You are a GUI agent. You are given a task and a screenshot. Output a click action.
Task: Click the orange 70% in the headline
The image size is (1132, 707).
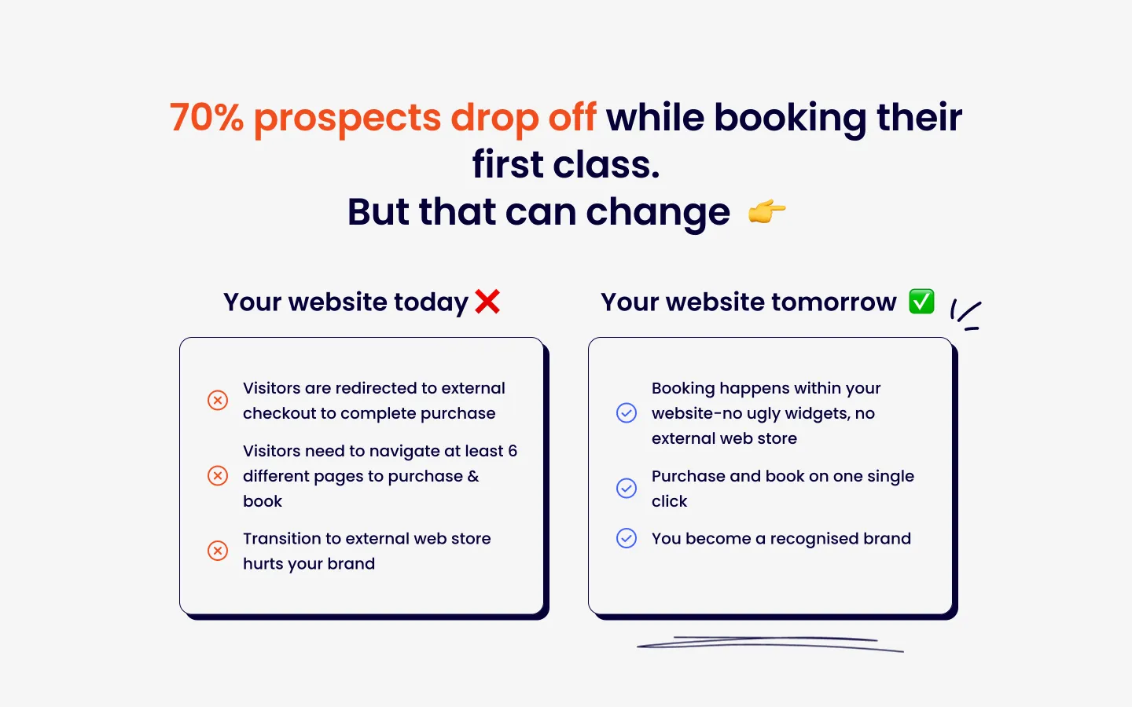(x=206, y=117)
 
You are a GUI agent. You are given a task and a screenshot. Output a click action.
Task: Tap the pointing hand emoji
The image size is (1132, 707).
(x=766, y=211)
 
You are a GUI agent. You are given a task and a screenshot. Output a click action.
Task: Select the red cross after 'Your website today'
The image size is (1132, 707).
(x=487, y=302)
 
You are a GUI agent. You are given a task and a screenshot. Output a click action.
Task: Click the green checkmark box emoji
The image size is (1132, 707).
(x=921, y=302)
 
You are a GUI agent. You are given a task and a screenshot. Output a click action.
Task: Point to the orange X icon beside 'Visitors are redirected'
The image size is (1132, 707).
(x=218, y=400)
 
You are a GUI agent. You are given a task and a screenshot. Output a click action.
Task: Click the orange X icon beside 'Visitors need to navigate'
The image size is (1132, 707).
(x=218, y=476)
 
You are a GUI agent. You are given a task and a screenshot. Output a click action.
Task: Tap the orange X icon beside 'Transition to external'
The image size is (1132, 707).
(x=218, y=551)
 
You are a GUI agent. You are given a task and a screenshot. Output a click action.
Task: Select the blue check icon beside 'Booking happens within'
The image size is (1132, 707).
(x=627, y=412)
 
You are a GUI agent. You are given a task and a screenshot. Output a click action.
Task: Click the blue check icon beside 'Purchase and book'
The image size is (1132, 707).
(x=627, y=489)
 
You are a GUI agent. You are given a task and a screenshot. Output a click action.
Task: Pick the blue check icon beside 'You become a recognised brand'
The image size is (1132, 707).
(x=627, y=538)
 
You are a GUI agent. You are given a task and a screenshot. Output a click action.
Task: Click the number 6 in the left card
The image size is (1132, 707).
(x=513, y=450)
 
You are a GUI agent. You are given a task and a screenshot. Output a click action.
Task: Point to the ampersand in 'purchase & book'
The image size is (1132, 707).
(x=473, y=476)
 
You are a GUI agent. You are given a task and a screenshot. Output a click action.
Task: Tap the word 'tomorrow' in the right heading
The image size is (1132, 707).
(x=834, y=302)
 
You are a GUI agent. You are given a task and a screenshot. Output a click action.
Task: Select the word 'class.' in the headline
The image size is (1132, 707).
(x=606, y=165)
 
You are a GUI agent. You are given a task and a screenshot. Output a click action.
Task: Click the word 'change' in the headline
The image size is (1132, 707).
(x=658, y=213)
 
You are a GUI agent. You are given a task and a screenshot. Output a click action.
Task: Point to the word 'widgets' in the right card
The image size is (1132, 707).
(x=815, y=413)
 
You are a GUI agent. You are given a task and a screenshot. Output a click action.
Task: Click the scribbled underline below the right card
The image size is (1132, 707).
(x=770, y=644)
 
